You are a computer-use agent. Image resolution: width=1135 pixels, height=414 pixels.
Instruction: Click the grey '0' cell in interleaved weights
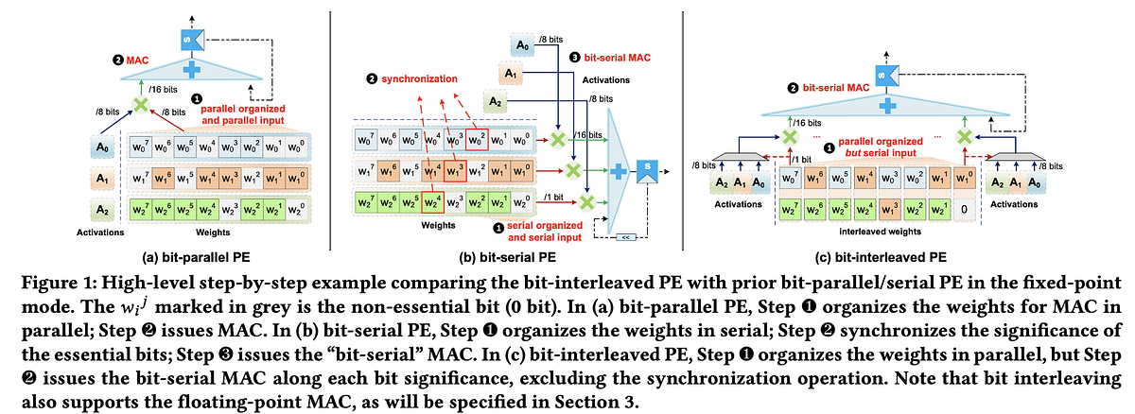click(957, 209)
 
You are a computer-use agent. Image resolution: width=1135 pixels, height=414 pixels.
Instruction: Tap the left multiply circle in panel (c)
click(786, 136)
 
